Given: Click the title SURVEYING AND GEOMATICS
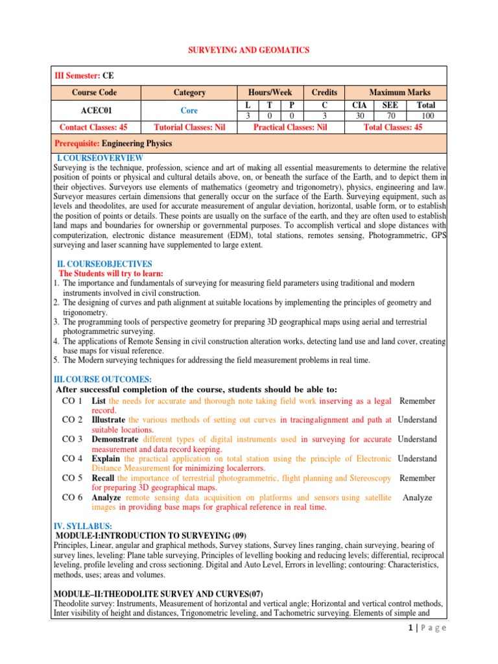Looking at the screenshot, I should point(248,50).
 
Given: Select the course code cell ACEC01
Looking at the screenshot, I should point(95,110).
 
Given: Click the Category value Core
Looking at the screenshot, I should point(189,110).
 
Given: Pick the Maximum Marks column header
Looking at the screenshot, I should point(399,93).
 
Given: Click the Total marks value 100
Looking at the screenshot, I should point(427,116).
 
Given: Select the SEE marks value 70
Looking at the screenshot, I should point(390,116).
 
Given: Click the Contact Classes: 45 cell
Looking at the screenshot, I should point(94,128).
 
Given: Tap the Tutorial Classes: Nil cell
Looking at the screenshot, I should point(189,128).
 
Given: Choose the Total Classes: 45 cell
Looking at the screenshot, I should point(393,128).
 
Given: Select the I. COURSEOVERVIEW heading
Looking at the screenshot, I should point(101,158).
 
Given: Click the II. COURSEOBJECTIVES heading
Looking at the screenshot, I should point(104,264).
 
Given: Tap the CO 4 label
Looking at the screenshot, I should point(72,458).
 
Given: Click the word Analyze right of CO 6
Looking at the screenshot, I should point(417,497).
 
